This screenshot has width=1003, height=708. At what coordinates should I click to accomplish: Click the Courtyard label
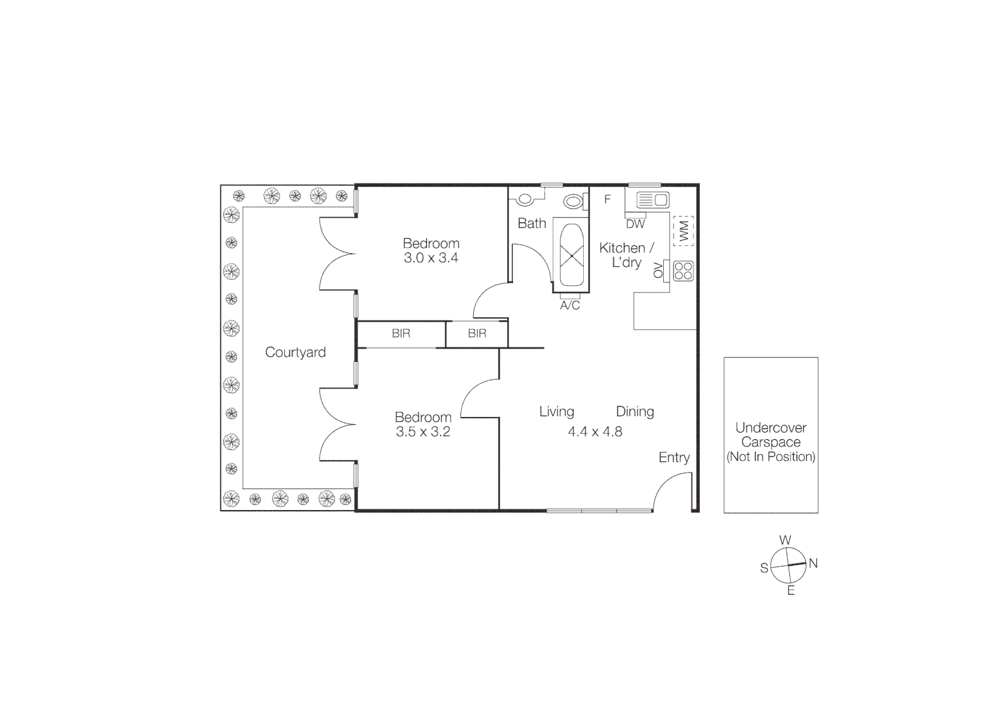click(x=295, y=353)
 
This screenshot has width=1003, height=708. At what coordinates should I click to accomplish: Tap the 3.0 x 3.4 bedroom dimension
click(x=431, y=258)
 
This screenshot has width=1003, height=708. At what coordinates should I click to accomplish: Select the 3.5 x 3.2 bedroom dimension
click(x=423, y=432)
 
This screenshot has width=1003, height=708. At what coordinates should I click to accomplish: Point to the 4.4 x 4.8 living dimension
click(x=595, y=432)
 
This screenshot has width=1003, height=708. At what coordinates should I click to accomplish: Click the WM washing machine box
click(x=684, y=231)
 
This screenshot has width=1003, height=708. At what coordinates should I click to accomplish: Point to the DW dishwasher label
click(x=635, y=224)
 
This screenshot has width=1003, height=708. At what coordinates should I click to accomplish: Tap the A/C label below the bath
click(x=570, y=305)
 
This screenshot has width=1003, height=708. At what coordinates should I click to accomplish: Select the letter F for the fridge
click(x=607, y=199)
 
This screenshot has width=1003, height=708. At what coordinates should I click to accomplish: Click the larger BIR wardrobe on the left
click(x=401, y=334)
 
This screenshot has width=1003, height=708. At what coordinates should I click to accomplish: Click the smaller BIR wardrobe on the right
click(x=477, y=334)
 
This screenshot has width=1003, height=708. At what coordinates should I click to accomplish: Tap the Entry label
click(x=674, y=458)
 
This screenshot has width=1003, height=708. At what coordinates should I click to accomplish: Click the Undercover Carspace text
click(x=771, y=435)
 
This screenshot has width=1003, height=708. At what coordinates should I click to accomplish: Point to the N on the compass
click(x=813, y=563)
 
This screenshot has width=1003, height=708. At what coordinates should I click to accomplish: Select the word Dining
click(x=635, y=412)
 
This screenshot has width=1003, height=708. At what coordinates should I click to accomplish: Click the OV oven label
click(x=658, y=270)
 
